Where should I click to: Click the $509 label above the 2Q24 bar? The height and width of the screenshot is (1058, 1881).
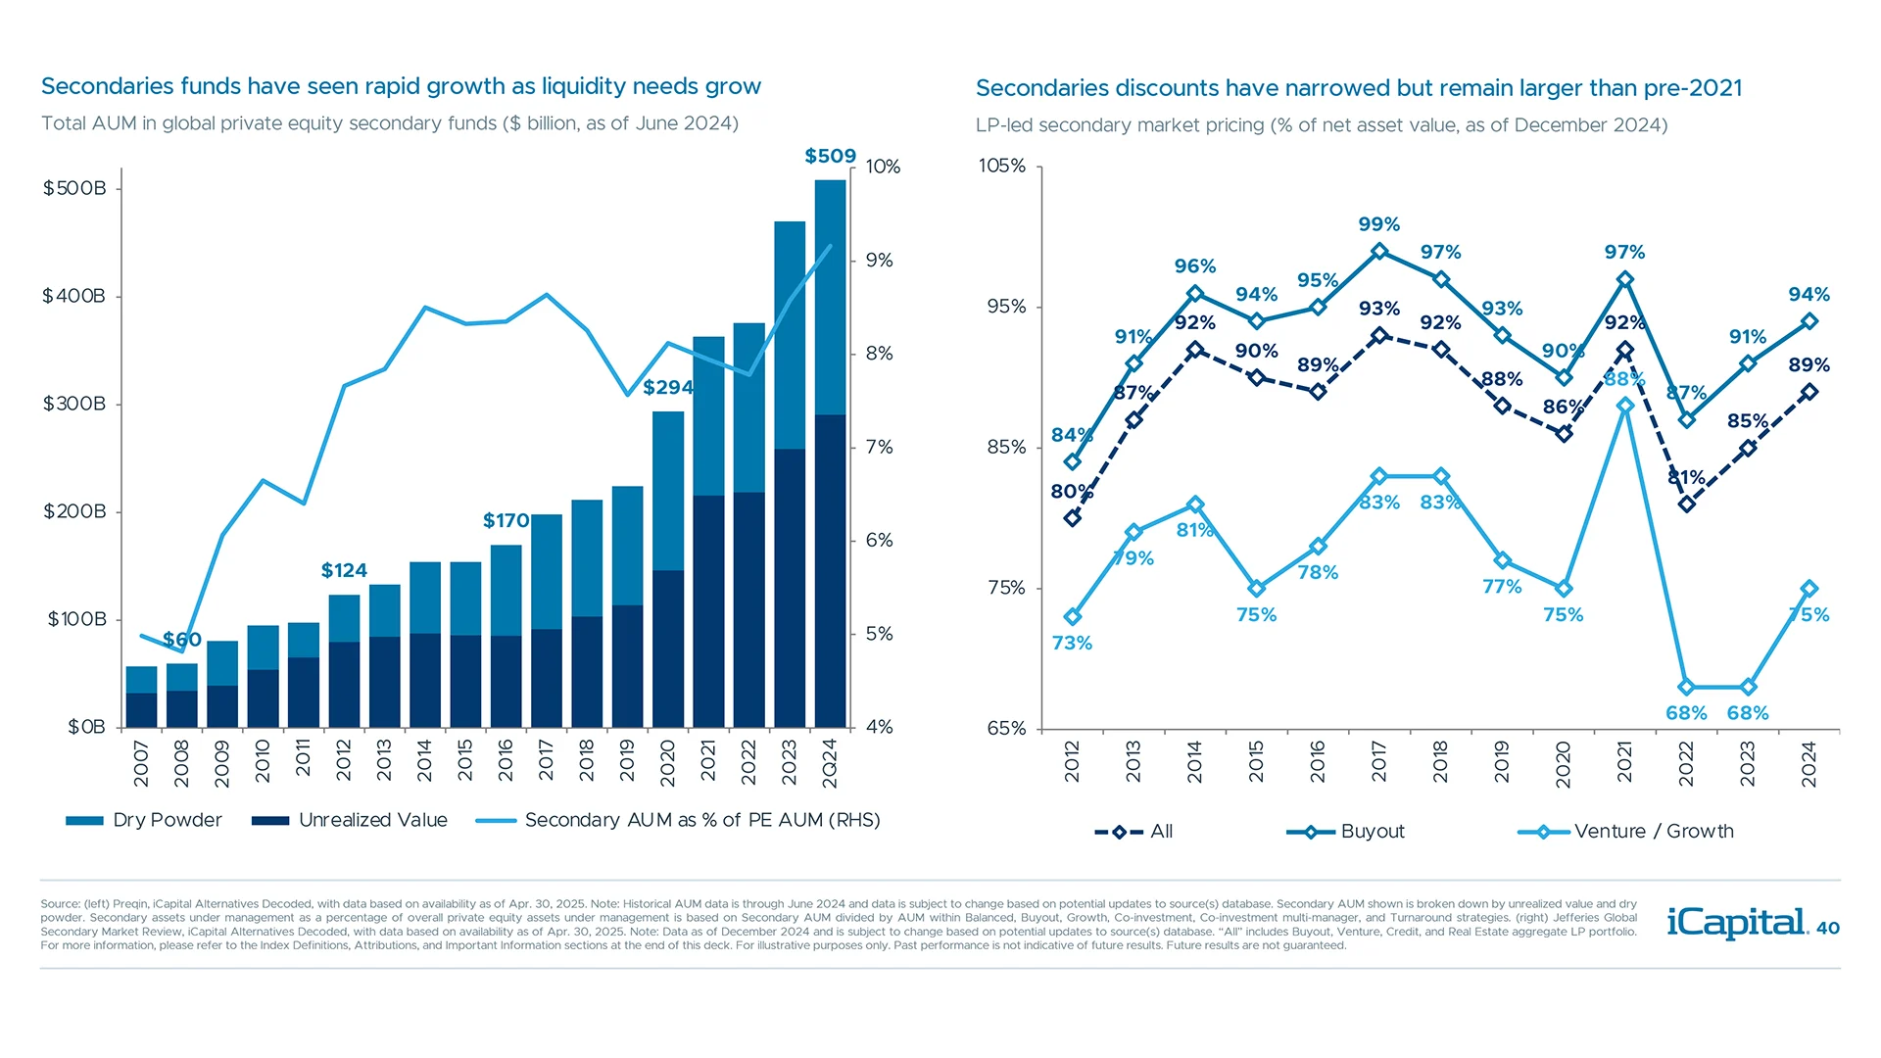click(x=830, y=156)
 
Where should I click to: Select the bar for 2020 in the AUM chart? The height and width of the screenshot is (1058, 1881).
click(x=668, y=568)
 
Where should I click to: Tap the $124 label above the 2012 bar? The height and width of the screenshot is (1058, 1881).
click(x=344, y=570)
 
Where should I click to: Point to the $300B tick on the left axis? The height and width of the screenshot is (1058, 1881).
click(x=73, y=404)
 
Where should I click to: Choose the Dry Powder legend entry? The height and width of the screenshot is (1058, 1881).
click(x=144, y=820)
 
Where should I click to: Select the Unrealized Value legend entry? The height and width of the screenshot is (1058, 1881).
click(x=350, y=820)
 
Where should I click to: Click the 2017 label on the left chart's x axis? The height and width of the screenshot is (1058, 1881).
click(x=546, y=761)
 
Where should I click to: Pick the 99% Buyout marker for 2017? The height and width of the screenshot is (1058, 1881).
click(x=1379, y=252)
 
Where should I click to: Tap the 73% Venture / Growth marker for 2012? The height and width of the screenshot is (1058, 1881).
click(x=1073, y=617)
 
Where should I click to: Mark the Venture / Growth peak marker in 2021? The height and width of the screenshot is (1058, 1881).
click(x=1625, y=406)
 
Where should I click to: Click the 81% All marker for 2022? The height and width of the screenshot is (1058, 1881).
click(x=1687, y=505)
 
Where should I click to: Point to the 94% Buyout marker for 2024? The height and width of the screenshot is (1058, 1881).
click(x=1809, y=321)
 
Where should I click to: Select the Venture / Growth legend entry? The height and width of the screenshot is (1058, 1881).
click(x=1626, y=832)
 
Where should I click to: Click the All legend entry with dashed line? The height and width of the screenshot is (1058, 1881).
click(x=1133, y=832)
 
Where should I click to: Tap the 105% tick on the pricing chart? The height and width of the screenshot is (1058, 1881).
click(x=1002, y=166)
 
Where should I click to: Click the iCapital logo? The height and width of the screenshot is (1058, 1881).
click(x=1736, y=923)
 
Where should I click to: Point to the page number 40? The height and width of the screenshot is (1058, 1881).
click(x=1828, y=928)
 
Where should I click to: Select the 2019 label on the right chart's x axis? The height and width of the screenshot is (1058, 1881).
click(x=1502, y=761)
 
